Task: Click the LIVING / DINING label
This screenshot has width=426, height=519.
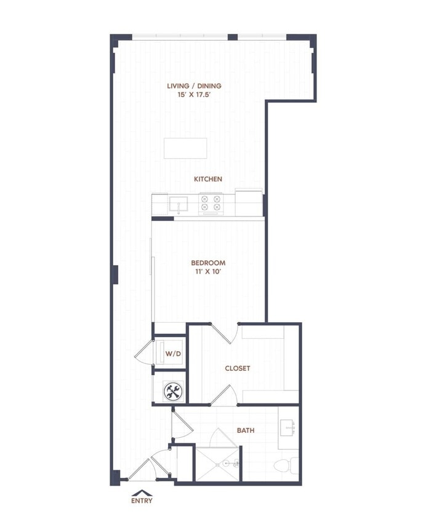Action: click(195, 86)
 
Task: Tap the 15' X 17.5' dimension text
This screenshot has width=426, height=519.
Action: click(195, 96)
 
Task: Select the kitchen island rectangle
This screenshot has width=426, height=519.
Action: click(185, 148)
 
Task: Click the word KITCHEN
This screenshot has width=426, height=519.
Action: click(208, 179)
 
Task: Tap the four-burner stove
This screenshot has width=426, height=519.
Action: click(211, 203)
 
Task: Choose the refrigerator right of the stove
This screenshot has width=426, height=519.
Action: click(249, 202)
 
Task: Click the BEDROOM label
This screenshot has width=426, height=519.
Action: click(208, 263)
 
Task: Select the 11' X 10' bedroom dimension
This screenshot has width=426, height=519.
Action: click(208, 272)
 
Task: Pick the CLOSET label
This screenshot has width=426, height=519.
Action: click(237, 368)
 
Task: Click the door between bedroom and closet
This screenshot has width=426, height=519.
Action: click(224, 333)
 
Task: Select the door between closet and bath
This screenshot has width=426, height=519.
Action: click(223, 395)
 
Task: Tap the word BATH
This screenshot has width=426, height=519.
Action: click(246, 430)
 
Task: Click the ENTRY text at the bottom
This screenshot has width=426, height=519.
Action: click(142, 501)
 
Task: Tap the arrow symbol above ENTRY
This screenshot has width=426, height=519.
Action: click(142, 492)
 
